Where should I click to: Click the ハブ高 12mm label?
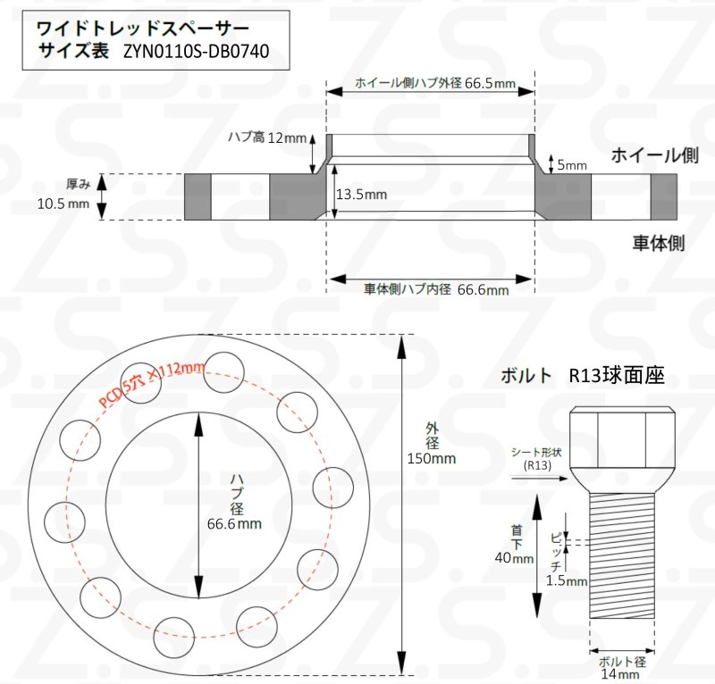pyautogui.click(x=266, y=138)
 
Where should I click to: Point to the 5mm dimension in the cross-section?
pyautogui.click(x=572, y=164)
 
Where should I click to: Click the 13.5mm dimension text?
pyautogui.click(x=362, y=194)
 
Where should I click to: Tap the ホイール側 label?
pyautogui.click(x=654, y=155)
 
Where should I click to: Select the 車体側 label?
pyautogui.click(x=659, y=242)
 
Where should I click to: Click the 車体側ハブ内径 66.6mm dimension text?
pyautogui.click(x=435, y=290)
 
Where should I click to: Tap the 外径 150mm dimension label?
pyautogui.click(x=431, y=451)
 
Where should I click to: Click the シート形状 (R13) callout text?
pyautogui.click(x=536, y=458)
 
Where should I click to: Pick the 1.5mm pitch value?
pyautogui.click(x=565, y=580)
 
